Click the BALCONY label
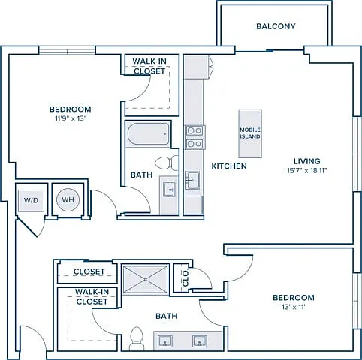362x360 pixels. pyautogui.click(x=276, y=26)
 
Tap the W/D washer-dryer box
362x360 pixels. pyautogui.click(x=32, y=201)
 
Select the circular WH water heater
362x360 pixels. pyautogui.click(x=68, y=199)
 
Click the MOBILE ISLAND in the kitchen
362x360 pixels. pyautogui.click(x=250, y=133)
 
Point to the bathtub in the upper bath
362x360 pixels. pyautogui.click(x=148, y=134)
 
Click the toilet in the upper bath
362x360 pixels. pyautogui.click(x=167, y=163)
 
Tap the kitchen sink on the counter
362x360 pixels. pyautogui.click(x=192, y=181)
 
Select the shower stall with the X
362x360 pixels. pyautogui.click(x=146, y=279)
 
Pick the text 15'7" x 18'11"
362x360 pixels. pyautogui.click(x=307, y=171)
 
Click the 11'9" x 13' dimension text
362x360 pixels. pyautogui.click(x=71, y=118)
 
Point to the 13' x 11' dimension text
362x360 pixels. pyautogui.click(x=294, y=307)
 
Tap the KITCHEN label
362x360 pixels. pyautogui.click(x=229, y=166)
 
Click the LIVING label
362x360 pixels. pyautogui.click(x=307, y=161)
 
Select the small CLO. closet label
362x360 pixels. pyautogui.click(x=186, y=278)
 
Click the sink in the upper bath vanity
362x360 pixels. pyautogui.click(x=169, y=190)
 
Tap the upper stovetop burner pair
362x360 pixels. pyautogui.click(x=195, y=130)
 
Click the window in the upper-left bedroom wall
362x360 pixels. pyautogui.click(x=67, y=50)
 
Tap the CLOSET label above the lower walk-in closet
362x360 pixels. pyautogui.click(x=89, y=271)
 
